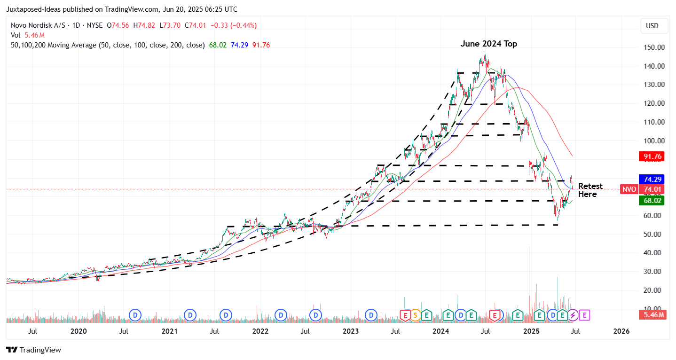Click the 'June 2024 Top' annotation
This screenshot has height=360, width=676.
(x=488, y=44)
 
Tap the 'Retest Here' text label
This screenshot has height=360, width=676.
(x=590, y=190)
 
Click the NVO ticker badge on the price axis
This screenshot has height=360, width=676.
(x=629, y=189)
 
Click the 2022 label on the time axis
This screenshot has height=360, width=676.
(x=260, y=331)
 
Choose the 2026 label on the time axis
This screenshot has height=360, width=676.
(x=621, y=331)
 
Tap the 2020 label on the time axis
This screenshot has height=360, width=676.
(x=79, y=331)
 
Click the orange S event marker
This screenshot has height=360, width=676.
(x=416, y=315)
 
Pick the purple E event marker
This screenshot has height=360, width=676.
(x=584, y=315)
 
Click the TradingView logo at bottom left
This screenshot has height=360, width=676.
(x=33, y=350)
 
